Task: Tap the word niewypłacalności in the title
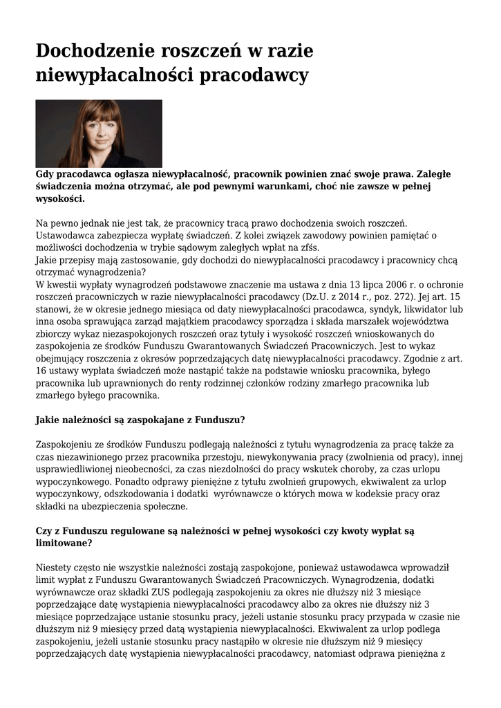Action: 115,75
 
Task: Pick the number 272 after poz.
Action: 401,297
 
